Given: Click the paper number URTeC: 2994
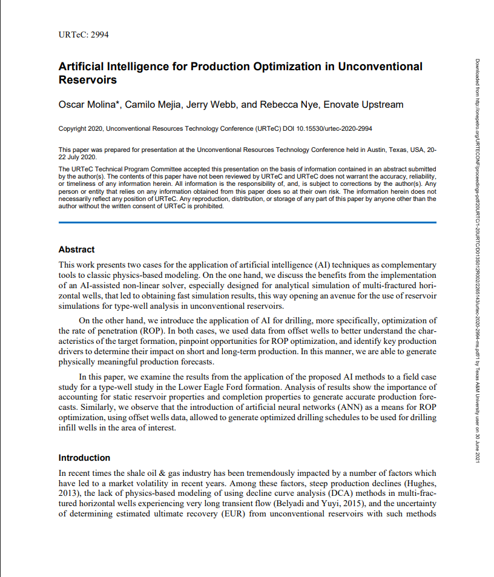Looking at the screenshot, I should click(x=84, y=34).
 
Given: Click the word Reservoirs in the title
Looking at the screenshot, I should click(x=87, y=79).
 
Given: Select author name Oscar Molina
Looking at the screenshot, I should click(x=89, y=105).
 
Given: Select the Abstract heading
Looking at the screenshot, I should click(x=76, y=249).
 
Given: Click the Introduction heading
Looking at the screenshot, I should click(x=84, y=458).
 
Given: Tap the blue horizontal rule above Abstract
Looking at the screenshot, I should click(x=247, y=223).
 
